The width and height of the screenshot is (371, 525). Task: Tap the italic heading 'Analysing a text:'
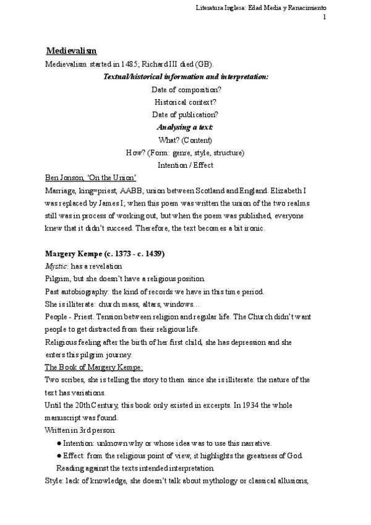pyautogui.click(x=185, y=127)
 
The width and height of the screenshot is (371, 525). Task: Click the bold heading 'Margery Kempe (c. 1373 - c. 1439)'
pyautogui.click(x=104, y=254)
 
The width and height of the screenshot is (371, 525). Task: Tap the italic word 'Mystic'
pyautogui.click(x=56, y=267)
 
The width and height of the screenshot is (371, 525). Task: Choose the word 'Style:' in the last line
pyautogui.click(x=56, y=480)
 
